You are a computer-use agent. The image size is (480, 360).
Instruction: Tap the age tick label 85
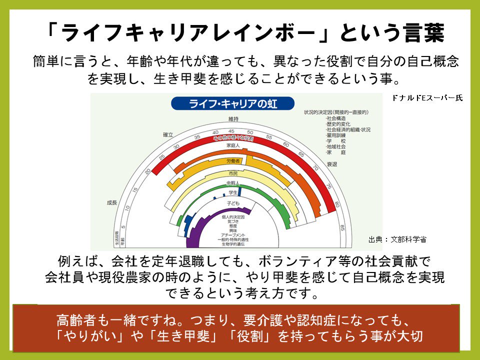click(x=342, y=228)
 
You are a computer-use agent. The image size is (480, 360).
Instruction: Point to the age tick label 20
click(x=147, y=171)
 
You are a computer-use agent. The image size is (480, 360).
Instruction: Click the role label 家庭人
click(x=233, y=145)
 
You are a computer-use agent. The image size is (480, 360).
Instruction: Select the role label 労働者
click(x=233, y=160)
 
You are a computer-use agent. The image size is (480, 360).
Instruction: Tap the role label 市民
click(x=233, y=173)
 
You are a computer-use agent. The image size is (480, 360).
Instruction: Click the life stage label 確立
click(x=168, y=134)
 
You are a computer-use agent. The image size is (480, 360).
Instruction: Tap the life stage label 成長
click(x=111, y=202)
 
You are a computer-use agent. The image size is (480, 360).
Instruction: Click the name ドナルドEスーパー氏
click(x=427, y=98)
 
